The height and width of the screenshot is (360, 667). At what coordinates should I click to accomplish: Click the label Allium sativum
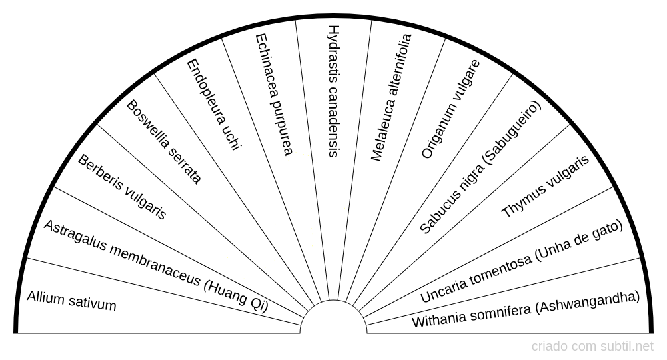[x=71, y=301]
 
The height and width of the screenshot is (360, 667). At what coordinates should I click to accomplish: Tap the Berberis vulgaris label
[x=122, y=187]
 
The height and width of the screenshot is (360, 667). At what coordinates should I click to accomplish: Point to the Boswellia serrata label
[x=163, y=142]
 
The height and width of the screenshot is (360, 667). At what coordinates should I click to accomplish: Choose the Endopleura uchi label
[x=213, y=105]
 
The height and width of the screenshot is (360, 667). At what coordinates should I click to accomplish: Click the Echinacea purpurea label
[x=274, y=95]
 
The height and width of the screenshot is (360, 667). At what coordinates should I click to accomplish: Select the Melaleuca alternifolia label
[x=392, y=97]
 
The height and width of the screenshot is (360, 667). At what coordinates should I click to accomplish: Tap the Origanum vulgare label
[x=450, y=109]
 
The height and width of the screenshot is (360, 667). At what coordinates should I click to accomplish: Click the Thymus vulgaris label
[x=546, y=187]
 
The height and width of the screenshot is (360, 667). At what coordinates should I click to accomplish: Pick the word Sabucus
[x=434, y=214]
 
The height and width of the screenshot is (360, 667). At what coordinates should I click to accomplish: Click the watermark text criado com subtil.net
[x=592, y=347]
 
